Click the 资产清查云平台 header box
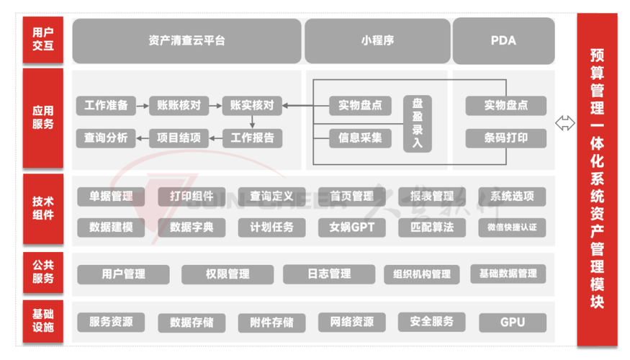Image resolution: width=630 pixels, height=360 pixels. [186, 41]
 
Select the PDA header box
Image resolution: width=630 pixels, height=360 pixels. [503, 41]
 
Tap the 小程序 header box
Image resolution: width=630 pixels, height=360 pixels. [377, 41]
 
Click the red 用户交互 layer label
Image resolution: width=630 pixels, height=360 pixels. [43, 40]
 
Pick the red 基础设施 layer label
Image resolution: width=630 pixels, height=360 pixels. [43, 321]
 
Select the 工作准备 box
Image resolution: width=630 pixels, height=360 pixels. [106, 106]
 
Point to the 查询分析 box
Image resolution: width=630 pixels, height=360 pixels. [106, 138]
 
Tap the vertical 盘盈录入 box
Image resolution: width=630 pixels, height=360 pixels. [418, 123]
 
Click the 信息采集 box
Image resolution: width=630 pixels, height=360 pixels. [360, 138]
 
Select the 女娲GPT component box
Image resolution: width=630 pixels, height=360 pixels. [352, 228]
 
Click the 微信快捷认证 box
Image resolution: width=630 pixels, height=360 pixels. [512, 228]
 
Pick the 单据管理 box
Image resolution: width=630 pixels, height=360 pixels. [112, 196]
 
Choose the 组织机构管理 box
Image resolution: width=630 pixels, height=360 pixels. [422, 274]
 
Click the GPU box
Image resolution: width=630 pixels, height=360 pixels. [512, 322]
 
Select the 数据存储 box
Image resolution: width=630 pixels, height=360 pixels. [192, 322]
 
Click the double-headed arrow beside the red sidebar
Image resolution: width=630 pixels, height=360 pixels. [565, 123]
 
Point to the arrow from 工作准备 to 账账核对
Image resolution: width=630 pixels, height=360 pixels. [142, 106]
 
